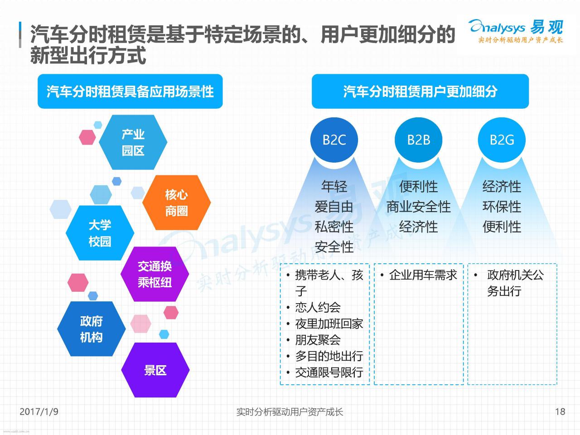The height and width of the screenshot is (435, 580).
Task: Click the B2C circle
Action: pyautogui.click(x=334, y=140)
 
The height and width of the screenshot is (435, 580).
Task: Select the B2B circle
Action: pyautogui.click(x=418, y=140)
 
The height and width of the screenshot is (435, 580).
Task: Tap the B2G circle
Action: pyautogui.click(x=502, y=140)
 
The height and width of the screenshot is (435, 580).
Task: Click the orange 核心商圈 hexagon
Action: pyautogui.click(x=176, y=203)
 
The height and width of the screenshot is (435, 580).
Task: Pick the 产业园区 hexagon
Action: pyautogui.click(x=133, y=142)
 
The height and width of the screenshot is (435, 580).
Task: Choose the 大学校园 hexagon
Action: pyautogui.click(x=100, y=233)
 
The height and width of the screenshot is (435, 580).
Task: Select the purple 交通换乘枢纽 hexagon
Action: pyautogui.click(x=155, y=274)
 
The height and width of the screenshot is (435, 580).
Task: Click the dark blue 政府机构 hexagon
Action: pyautogui.click(x=92, y=329)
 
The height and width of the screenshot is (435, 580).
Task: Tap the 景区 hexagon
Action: pyautogui.click(x=155, y=370)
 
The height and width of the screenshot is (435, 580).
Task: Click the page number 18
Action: pyautogui.click(x=560, y=411)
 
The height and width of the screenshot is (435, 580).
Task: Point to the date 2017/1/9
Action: pyautogui.click(x=39, y=411)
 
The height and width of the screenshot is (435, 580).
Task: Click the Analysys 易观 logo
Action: pyautogui.click(x=516, y=31)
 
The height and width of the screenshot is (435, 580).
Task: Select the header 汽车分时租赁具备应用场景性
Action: pyautogui.click(x=130, y=92)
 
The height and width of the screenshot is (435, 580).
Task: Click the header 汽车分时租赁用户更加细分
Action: pyautogui.click(x=420, y=92)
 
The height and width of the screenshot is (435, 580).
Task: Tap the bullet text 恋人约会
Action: pyautogui.click(x=318, y=307)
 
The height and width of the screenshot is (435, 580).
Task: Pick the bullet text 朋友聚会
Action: pyautogui.click(x=318, y=340)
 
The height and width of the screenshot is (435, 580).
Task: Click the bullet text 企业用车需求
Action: pyautogui.click(x=423, y=275)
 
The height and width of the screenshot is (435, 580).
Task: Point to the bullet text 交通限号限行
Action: pyautogui.click(x=329, y=372)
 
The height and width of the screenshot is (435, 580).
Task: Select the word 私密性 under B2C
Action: pyautogui.click(x=334, y=227)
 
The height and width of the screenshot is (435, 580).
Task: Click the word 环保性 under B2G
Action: pyautogui.click(x=502, y=207)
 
